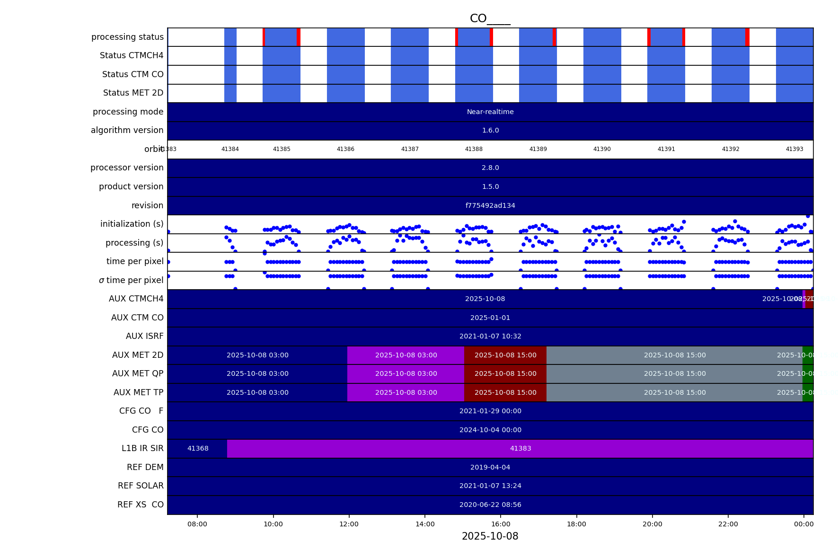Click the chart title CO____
pyautogui.click(x=490, y=19)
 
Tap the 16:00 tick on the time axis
pyautogui.click(x=501, y=524)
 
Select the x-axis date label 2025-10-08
pyautogui.click(x=490, y=536)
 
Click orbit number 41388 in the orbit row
pyautogui.click(x=474, y=149)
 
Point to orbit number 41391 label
pyautogui.click(x=666, y=149)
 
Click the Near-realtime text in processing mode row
pyautogui.click(x=490, y=112)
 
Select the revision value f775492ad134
pyautogui.click(x=490, y=205)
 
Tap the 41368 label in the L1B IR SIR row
pyautogui.click(x=198, y=448)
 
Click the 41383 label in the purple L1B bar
pyautogui.click(x=520, y=448)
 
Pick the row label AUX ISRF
pyautogui.click(x=144, y=336)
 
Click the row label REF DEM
pyautogui.click(x=145, y=467)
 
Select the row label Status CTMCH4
pyautogui.click(x=132, y=55)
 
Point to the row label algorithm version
pyautogui.click(x=127, y=130)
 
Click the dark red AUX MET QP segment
pyautogui.click(x=505, y=373)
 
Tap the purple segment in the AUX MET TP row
pyautogui.click(x=406, y=392)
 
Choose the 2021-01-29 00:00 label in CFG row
pyautogui.click(x=490, y=411)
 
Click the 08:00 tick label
pyautogui.click(x=197, y=524)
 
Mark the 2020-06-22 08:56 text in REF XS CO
pyautogui.click(x=490, y=505)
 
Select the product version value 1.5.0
pyautogui.click(x=490, y=186)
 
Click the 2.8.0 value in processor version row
pyautogui.click(x=490, y=168)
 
